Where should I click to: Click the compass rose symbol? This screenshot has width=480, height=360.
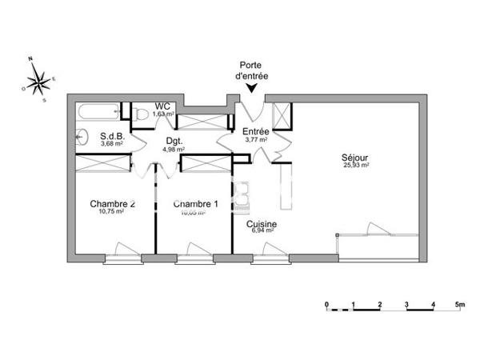tap(37, 79)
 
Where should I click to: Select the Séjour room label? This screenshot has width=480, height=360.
tap(355, 158)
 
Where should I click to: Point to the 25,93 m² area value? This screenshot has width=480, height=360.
tap(355, 166)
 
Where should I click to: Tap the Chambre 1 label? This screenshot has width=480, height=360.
tap(196, 203)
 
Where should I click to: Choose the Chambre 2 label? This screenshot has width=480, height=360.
tap(111, 203)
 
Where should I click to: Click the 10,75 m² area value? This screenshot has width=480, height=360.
tap(111, 212)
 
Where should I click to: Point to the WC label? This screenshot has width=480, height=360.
tap(162, 106)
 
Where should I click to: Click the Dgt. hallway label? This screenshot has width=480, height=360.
tap(174, 140)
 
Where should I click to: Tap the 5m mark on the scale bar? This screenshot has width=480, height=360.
tap(459, 304)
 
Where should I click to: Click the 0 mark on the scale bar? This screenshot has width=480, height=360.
tap(326, 304)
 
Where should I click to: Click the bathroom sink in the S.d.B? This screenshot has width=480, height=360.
tap(81, 137)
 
